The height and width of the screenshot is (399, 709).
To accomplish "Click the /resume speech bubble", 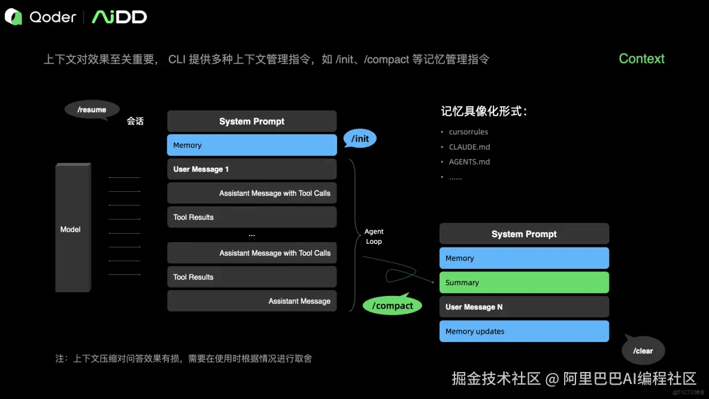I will point(92,110).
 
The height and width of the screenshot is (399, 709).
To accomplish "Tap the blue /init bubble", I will point(360,139).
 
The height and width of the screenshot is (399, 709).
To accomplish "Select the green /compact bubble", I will point(392,306).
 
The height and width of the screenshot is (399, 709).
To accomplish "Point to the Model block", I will point(72,229).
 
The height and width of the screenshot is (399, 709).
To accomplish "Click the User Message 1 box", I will point(252,169).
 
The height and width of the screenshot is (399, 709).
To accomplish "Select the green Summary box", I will point(524,282).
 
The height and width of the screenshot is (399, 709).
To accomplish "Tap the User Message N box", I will point(524,307).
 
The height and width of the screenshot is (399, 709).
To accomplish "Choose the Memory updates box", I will point(524,331).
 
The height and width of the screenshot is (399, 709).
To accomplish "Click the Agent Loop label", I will point(374,236).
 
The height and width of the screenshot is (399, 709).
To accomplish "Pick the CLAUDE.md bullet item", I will point(469,147).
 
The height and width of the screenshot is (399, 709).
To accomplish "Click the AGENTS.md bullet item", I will point(469,162).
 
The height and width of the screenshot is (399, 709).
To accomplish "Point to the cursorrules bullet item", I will point(468,132).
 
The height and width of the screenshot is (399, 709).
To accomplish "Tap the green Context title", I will point(641,59).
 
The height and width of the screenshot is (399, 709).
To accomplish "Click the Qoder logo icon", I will point(14,17).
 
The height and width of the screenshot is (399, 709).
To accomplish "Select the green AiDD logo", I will point(119,17).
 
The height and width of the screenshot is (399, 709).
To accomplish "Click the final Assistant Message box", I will point(252,301).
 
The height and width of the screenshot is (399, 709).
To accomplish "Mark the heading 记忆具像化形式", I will point(484,111).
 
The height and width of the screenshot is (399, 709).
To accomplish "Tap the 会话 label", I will point(135,121).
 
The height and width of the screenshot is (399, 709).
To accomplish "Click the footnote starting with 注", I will point(184,358).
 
